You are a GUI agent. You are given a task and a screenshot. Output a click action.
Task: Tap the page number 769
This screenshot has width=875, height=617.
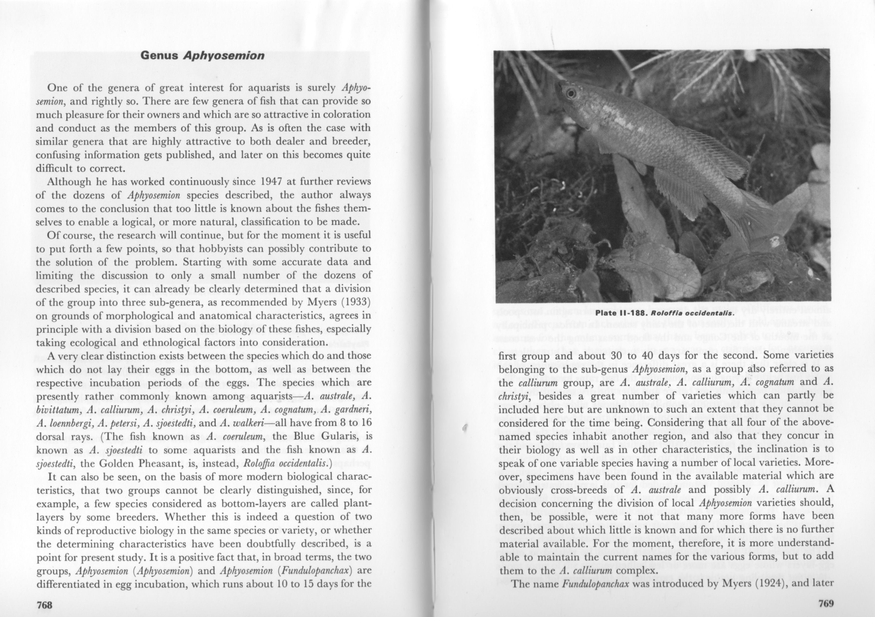click(826, 604)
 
